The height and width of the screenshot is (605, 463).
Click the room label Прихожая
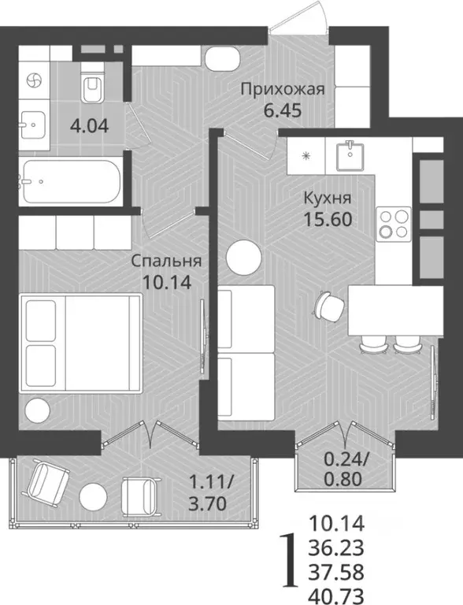[283, 89]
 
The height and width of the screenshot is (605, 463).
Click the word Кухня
[325, 199]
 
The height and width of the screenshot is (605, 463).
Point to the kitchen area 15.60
[326, 218]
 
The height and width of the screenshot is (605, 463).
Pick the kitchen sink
[348, 156]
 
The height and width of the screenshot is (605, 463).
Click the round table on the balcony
[94, 495]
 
